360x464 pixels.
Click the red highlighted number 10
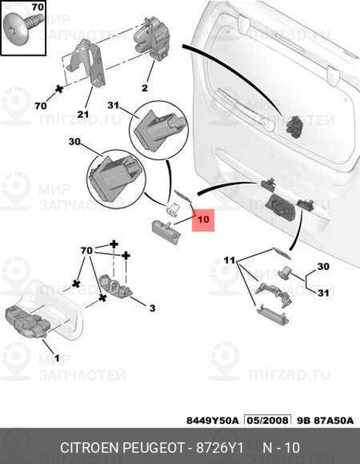pos(203,220)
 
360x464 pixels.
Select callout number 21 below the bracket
pos(83,114)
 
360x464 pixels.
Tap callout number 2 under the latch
pos(144,88)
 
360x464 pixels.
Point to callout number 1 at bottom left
pos(57,358)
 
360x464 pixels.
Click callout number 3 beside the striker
pos(152,309)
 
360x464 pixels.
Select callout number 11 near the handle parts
pos(229,261)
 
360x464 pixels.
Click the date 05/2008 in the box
pos(267,421)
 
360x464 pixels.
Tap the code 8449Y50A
pos(212,421)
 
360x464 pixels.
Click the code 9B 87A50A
pos(324,421)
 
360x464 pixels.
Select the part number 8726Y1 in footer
pos(219,448)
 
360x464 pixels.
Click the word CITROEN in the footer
pos(90,448)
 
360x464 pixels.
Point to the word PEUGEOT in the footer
pos(153,448)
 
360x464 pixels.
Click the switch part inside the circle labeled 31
pos(160,129)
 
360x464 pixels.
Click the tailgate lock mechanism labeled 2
pos(152,39)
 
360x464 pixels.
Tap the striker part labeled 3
pos(116,286)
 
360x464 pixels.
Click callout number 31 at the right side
pos(323,292)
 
